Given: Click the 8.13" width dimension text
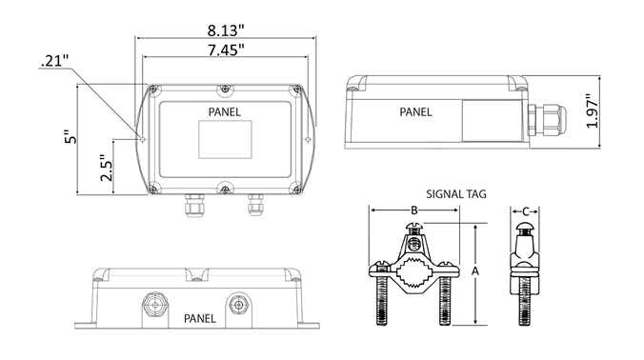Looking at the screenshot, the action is (x=226, y=30).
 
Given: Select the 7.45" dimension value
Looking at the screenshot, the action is (x=226, y=50).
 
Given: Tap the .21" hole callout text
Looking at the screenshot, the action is (x=54, y=61).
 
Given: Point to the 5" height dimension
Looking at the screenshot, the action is (x=71, y=137).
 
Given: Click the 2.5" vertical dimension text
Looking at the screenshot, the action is (x=107, y=168).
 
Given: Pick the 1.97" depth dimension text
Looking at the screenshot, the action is (x=592, y=111).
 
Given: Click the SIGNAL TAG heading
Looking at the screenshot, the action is (x=456, y=194).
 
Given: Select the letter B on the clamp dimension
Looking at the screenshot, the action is (x=414, y=210).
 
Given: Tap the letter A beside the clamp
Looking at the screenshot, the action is (x=475, y=271).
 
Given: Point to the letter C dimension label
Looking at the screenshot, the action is (x=525, y=211).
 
